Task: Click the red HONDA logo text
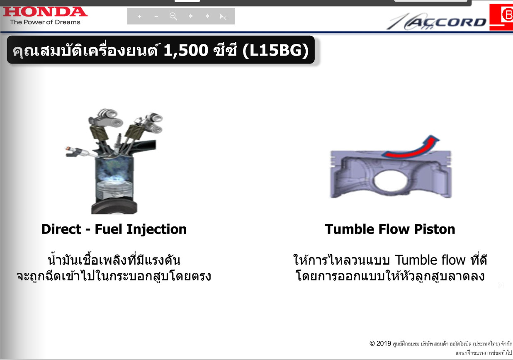(45, 12)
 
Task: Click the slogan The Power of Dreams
(45, 22)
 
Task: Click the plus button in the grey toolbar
(139, 17)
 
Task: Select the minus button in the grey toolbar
(156, 17)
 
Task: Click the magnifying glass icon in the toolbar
(173, 16)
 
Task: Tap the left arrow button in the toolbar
(190, 16)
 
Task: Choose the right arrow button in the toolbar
(207, 16)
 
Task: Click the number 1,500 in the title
(186, 51)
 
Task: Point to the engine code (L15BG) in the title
(275, 51)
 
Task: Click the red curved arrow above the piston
(412, 147)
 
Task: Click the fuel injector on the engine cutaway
(80, 152)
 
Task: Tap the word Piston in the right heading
(435, 229)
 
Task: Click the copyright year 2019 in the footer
(384, 343)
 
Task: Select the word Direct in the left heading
(61, 229)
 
